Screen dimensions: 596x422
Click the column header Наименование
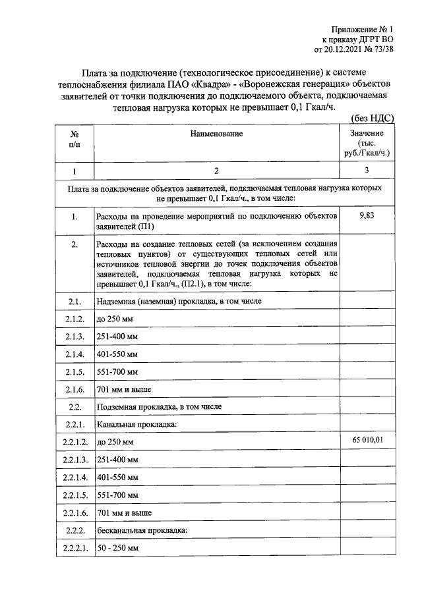tap(216, 134)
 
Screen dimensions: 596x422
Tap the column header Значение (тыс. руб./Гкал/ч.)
tap(367, 143)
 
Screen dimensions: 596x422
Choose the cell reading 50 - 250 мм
tap(117, 548)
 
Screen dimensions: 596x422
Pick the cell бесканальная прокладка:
tap(142, 530)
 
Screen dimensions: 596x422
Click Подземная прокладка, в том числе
tap(159, 406)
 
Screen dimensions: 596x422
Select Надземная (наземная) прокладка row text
tap(179, 302)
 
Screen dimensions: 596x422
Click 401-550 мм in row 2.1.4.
tap(117, 354)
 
